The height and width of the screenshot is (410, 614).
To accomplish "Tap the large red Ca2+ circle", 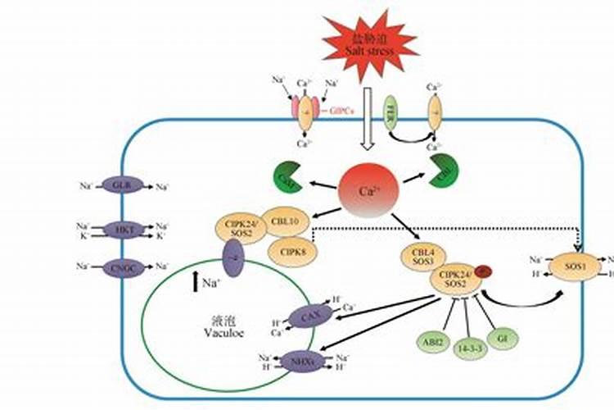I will tap(368, 192).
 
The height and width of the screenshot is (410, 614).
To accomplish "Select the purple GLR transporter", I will tap(123, 186).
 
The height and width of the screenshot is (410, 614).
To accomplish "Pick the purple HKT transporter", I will tap(123, 230).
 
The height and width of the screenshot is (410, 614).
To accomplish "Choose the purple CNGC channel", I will tap(123, 266).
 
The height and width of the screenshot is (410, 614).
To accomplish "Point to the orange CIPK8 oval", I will tap(292, 250).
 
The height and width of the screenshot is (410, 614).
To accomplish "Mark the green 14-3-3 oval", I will tap(469, 347).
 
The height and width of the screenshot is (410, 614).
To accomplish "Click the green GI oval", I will tap(503, 338).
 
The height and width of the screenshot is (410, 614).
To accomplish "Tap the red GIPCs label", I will tap(342, 109).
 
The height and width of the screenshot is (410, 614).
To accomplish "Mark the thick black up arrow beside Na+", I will tap(195, 284).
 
